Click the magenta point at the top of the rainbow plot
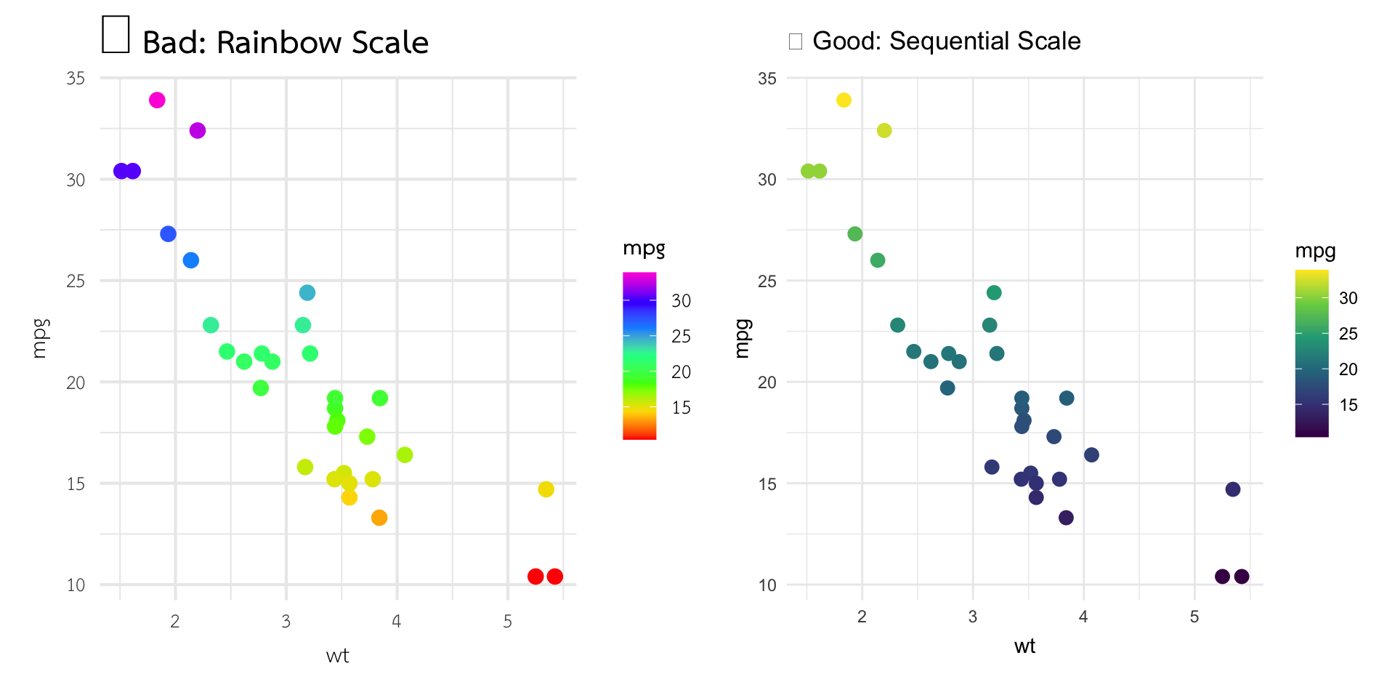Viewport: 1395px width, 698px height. [x=157, y=100]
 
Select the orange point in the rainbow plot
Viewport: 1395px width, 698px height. [x=379, y=518]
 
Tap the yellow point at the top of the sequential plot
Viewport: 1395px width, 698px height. [x=844, y=100]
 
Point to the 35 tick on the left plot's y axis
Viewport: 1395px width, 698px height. [x=76, y=79]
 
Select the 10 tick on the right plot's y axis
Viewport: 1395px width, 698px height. [x=767, y=585]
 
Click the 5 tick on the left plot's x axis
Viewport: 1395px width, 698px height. [x=507, y=622]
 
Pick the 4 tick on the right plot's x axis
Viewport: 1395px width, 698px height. [x=1083, y=617]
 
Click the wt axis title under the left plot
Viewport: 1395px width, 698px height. [x=338, y=656]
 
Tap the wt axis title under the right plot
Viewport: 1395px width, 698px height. [x=1024, y=646]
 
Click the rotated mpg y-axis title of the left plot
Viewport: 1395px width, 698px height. [x=40, y=339]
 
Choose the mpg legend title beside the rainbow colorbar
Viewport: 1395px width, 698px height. [x=644, y=249]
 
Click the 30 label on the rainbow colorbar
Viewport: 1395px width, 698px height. [x=681, y=301]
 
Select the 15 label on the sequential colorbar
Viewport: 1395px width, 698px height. [x=1348, y=405]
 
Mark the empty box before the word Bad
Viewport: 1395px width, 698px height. [x=116, y=34]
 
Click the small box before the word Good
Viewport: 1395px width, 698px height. [x=796, y=41]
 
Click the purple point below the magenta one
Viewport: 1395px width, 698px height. [x=198, y=131]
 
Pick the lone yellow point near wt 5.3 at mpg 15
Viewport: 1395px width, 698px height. [x=546, y=489]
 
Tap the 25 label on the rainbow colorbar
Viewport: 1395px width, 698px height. [x=681, y=337]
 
